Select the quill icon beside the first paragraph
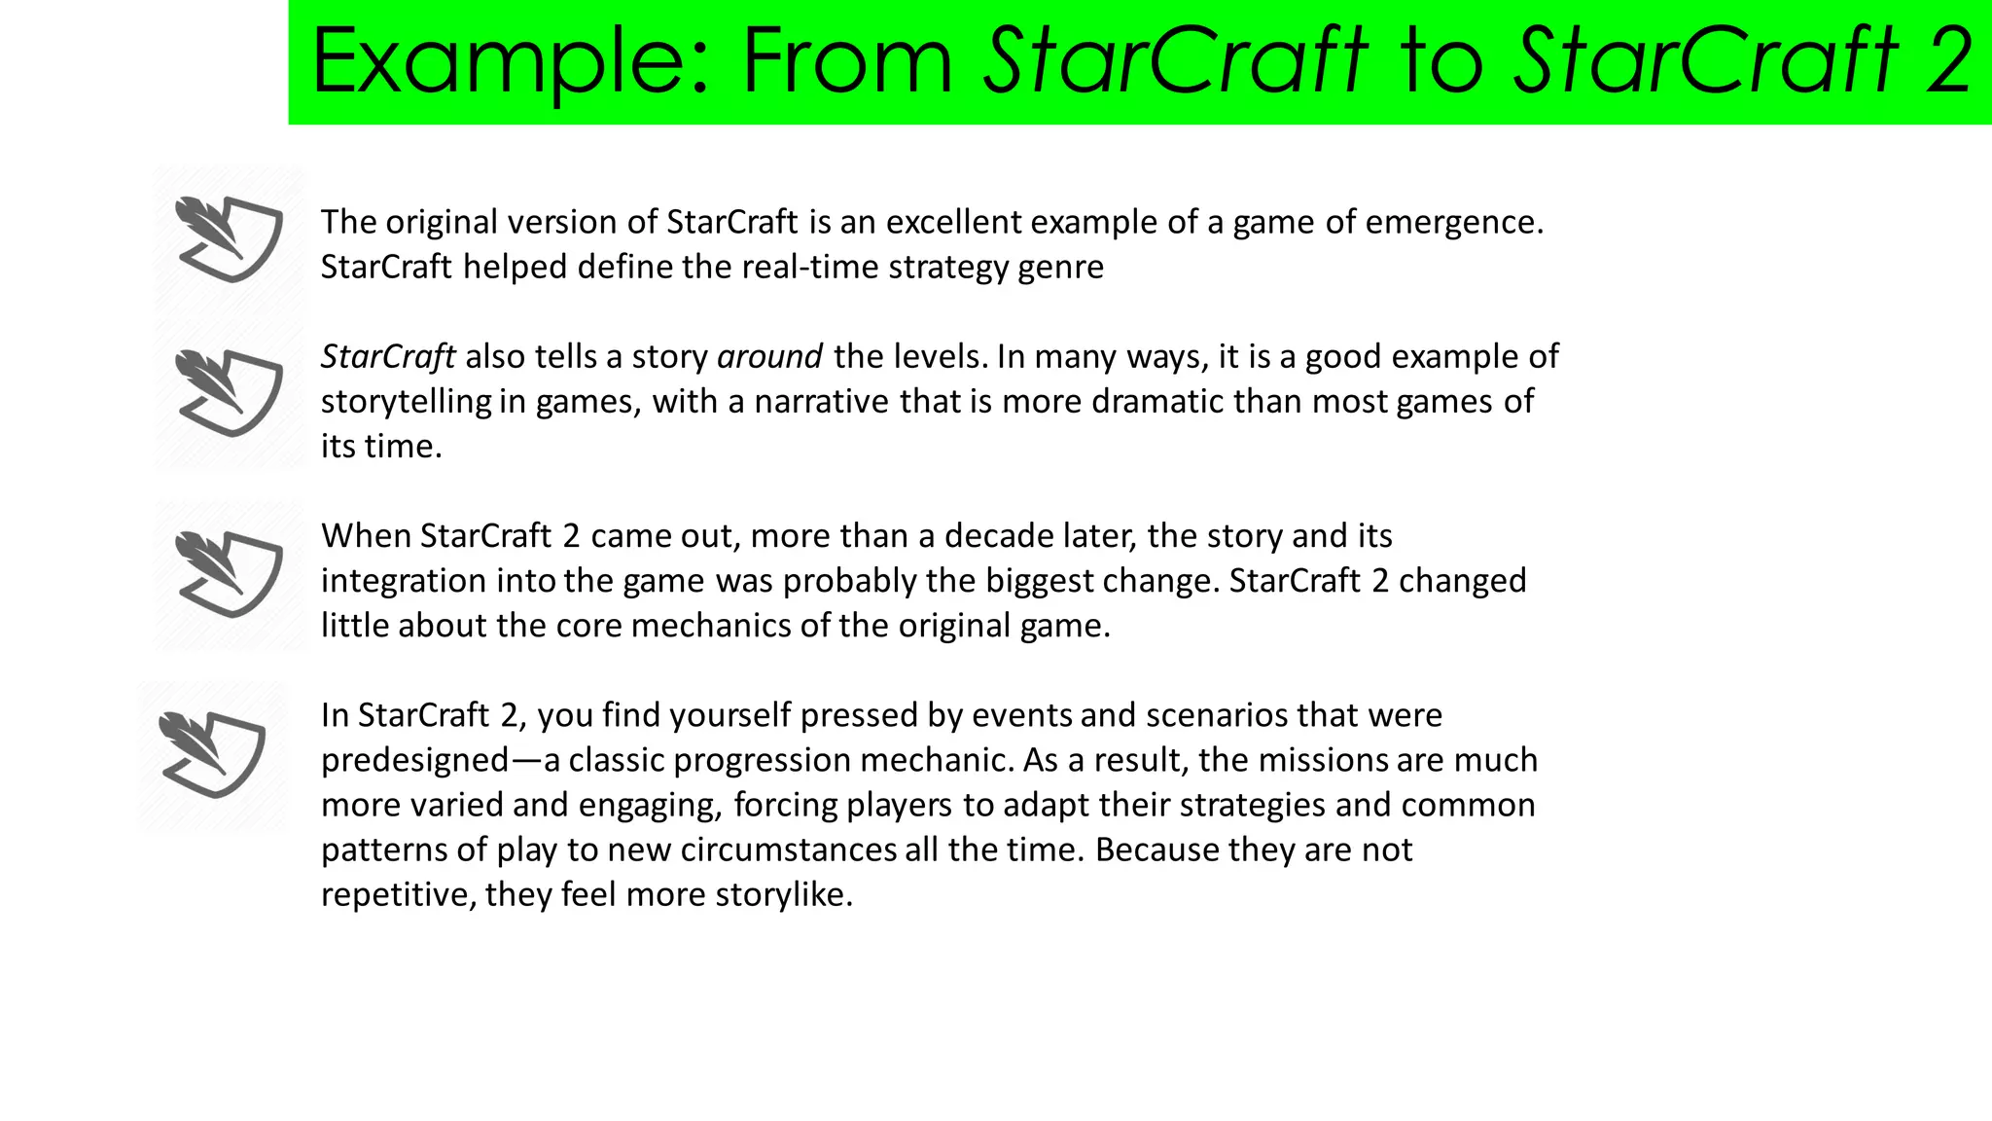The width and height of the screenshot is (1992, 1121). (230, 238)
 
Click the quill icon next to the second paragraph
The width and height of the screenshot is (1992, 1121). (230, 392)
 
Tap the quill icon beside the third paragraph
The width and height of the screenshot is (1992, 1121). (230, 573)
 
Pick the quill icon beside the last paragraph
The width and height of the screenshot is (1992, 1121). (212, 754)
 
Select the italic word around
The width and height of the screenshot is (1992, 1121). (769, 357)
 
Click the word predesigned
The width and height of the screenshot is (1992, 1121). (415, 760)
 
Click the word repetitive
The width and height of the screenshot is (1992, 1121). (398, 894)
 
